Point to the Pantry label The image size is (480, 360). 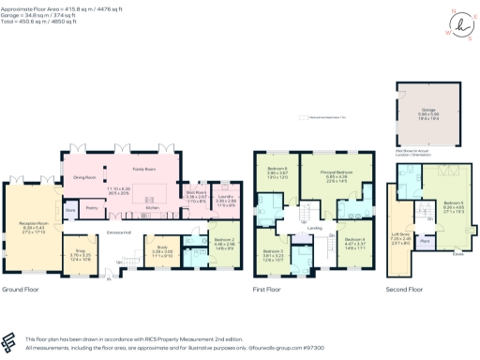(92, 207)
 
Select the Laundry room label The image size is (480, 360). (225, 197)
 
